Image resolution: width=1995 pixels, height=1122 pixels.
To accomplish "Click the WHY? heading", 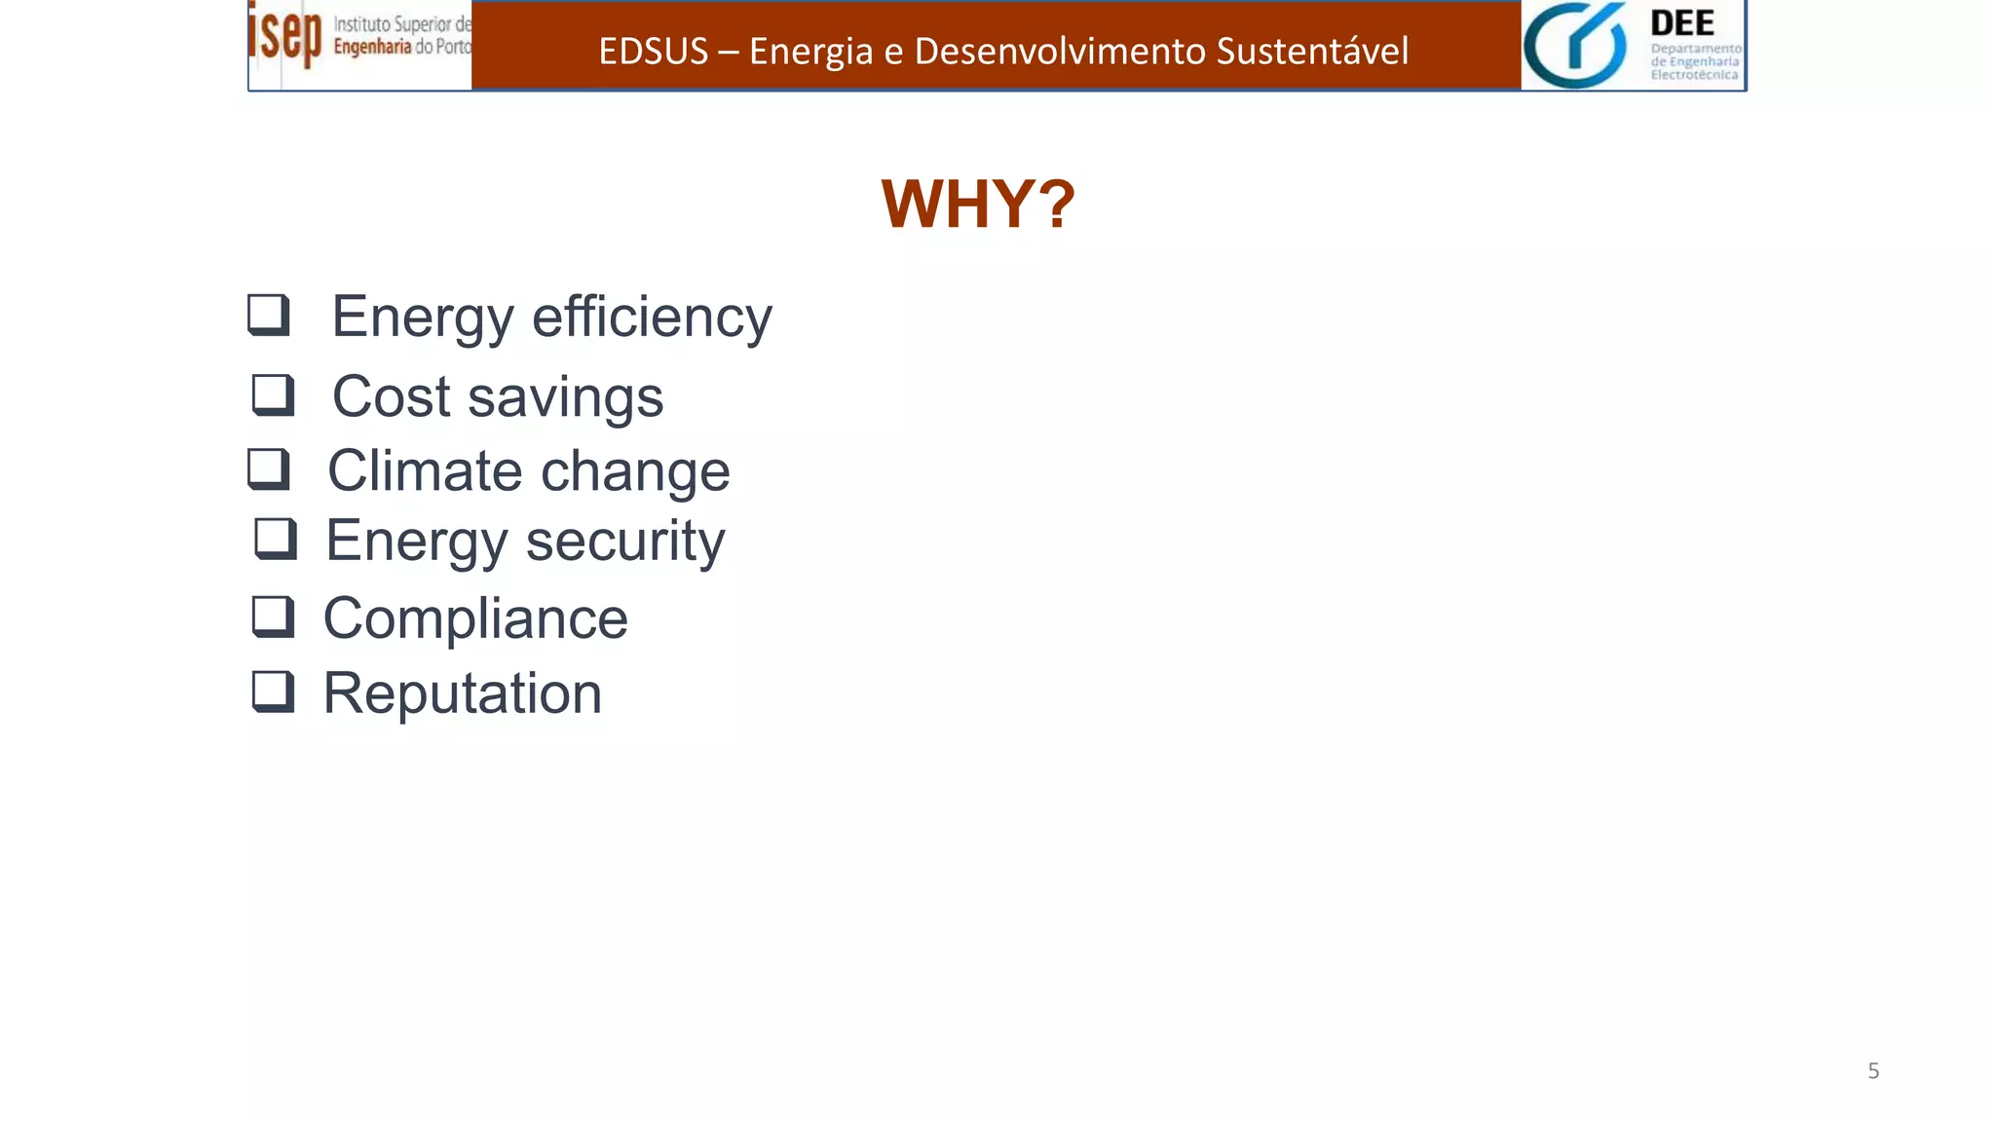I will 977,205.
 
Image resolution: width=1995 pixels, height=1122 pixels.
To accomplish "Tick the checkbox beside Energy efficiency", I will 269,315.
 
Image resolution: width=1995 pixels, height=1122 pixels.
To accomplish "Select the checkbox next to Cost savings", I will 273,394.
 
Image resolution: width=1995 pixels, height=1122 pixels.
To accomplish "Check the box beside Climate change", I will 269,468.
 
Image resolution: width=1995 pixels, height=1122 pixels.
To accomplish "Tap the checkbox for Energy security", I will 276,538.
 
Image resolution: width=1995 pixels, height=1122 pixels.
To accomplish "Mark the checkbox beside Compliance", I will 273,617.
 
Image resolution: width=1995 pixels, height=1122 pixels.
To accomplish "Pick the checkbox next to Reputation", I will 273,692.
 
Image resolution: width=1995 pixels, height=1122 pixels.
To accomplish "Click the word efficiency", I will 652,318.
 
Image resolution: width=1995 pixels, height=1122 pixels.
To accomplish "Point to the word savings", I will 565,397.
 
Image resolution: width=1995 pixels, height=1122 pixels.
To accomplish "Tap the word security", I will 625,542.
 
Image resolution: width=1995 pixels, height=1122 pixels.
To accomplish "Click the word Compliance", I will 475,618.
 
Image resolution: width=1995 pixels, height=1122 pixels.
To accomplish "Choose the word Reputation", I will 463,693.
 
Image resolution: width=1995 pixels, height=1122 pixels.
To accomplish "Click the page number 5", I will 1873,1071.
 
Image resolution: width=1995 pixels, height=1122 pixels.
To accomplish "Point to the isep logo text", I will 284,35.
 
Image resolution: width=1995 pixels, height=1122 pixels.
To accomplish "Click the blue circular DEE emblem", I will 1575,45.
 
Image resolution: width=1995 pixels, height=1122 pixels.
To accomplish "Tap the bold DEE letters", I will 1682,23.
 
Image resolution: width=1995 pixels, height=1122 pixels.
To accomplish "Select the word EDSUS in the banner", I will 653,51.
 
